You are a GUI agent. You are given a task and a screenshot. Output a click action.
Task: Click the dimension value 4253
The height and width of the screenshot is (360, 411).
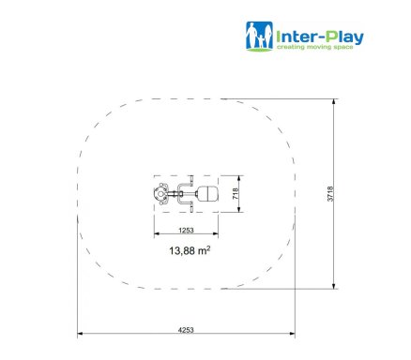[x=186, y=330]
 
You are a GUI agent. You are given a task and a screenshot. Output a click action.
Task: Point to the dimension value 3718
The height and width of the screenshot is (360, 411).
[x=330, y=194]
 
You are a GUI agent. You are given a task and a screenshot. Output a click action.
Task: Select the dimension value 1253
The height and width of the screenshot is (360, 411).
[x=186, y=231]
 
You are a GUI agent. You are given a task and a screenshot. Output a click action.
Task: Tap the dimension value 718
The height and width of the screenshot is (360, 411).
[x=236, y=194]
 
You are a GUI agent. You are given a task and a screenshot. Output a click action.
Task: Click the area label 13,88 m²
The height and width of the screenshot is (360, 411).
[x=190, y=250]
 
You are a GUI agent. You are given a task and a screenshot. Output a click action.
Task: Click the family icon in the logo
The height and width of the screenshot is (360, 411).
[x=259, y=37]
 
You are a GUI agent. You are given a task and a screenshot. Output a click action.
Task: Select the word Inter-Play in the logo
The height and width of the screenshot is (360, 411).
[x=320, y=37]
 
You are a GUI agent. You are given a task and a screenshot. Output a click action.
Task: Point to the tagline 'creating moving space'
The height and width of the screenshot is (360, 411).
[x=315, y=47]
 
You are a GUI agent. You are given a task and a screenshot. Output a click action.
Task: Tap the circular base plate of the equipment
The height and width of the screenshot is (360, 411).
[x=160, y=194]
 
